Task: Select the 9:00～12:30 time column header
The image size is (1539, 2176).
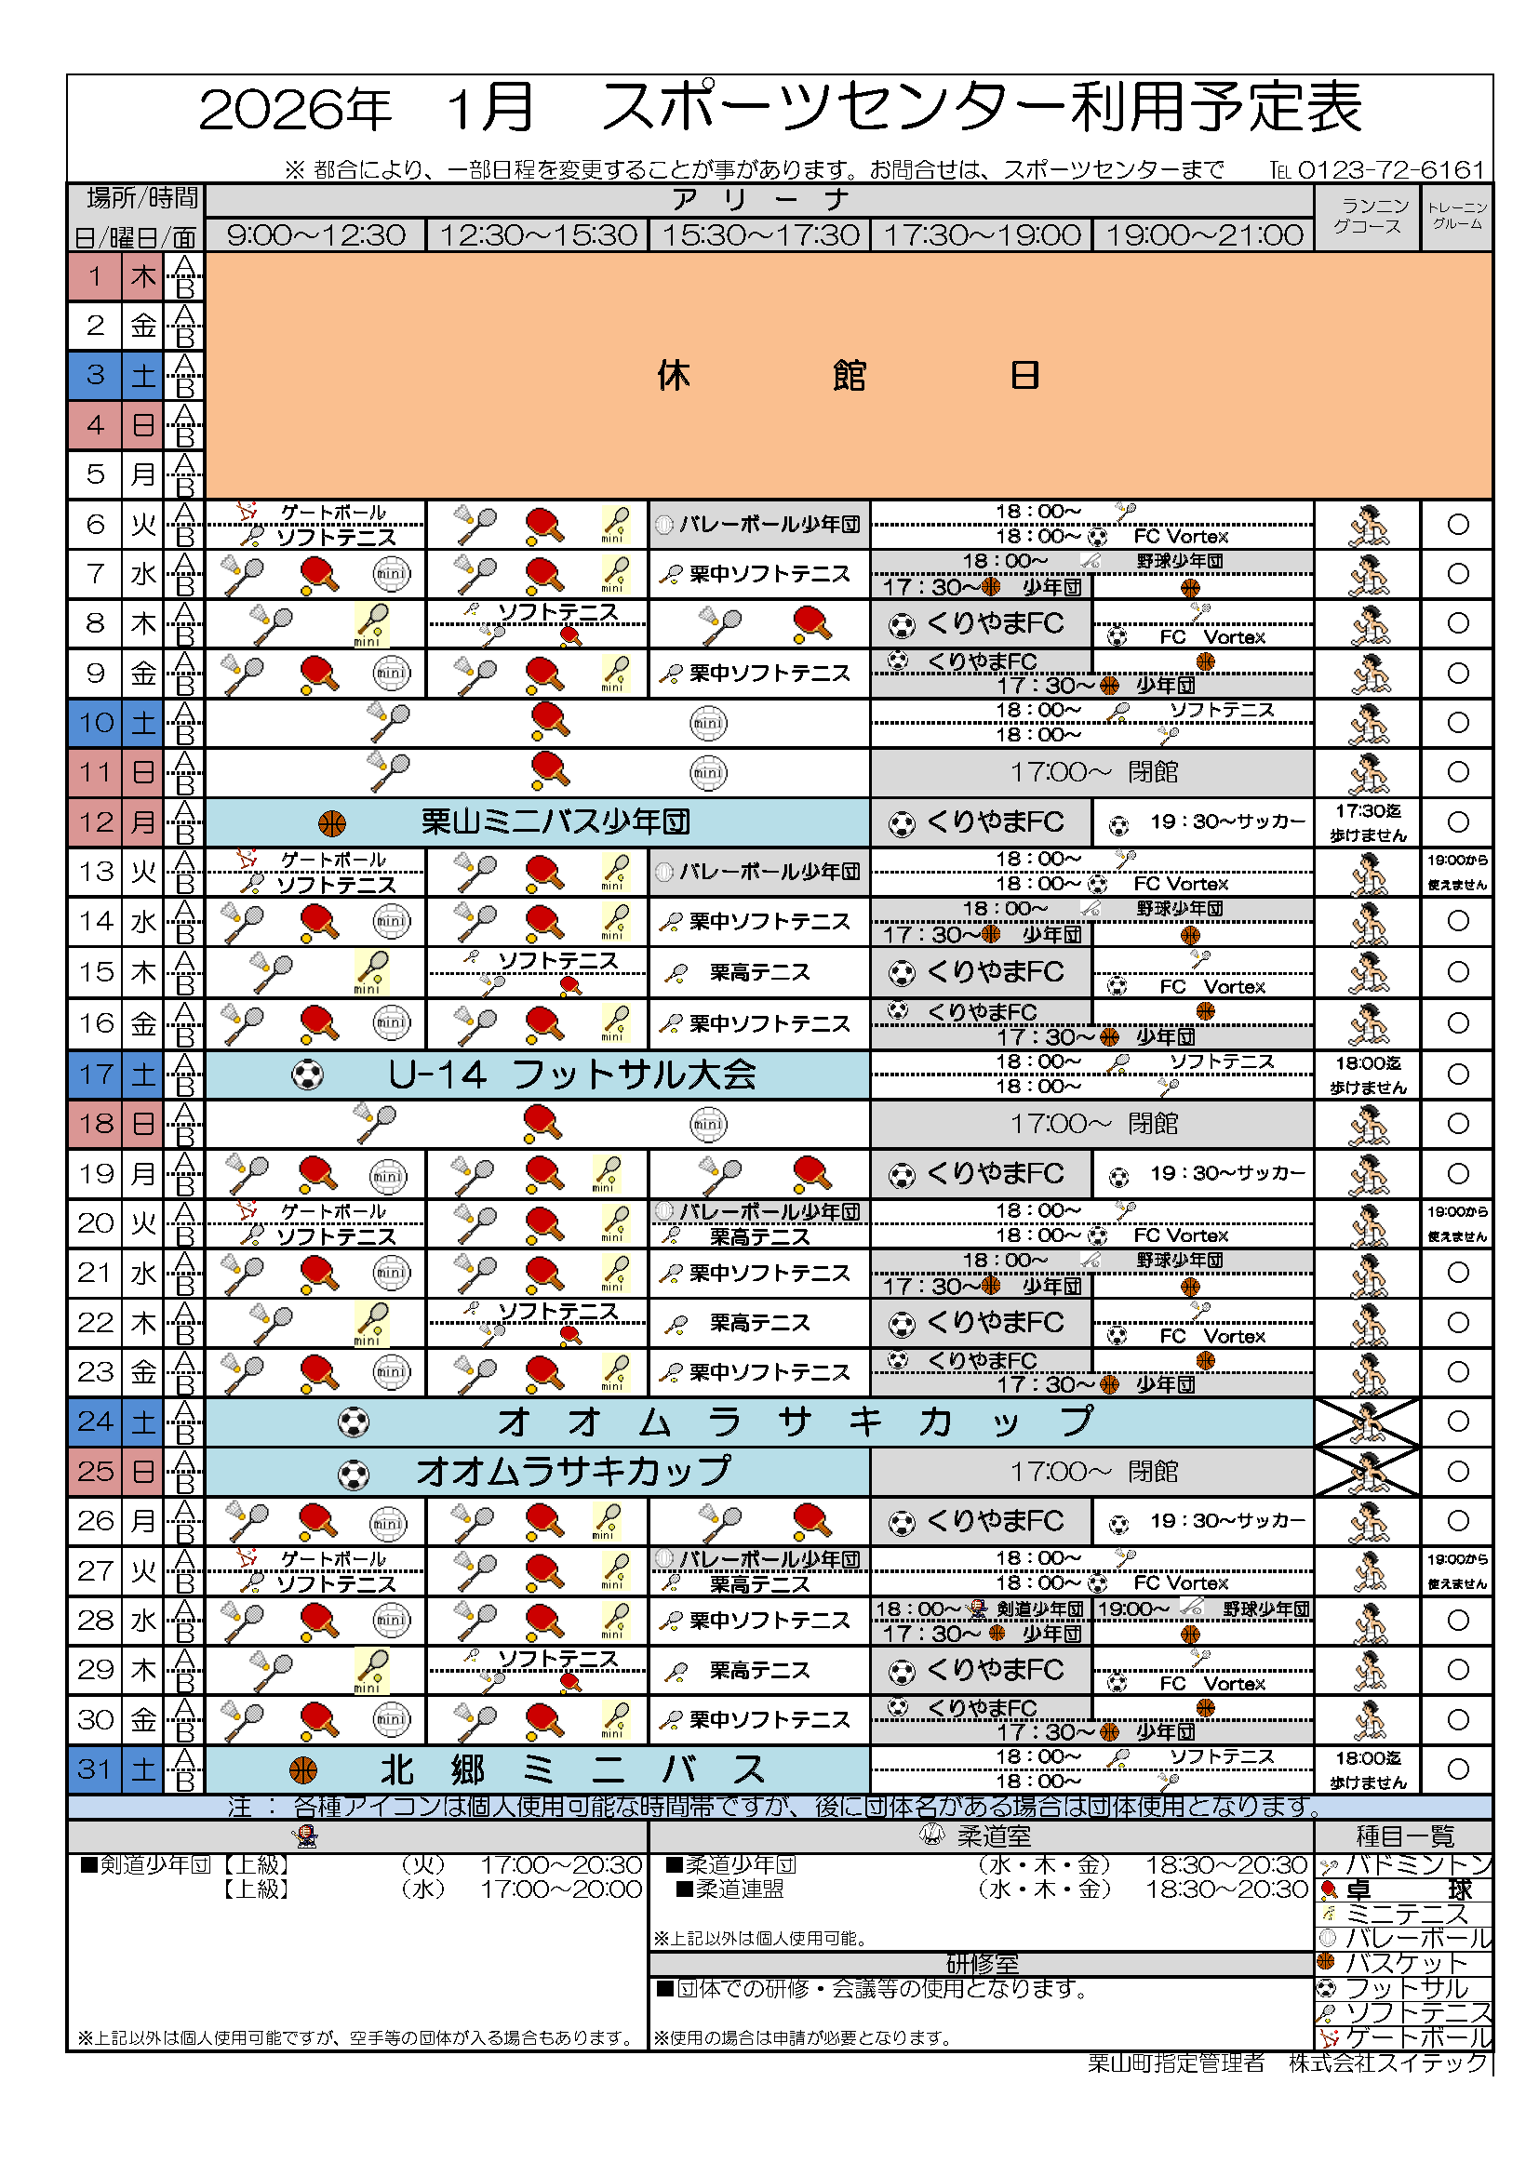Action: click(x=315, y=235)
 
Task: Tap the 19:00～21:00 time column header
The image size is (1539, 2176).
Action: click(x=1203, y=235)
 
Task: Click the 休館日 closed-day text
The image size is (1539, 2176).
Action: click(x=849, y=376)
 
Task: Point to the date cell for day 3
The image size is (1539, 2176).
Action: click(x=95, y=375)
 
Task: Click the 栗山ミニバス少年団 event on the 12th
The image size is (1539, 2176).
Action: click(x=555, y=822)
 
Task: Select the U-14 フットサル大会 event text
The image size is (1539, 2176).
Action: click(x=571, y=1075)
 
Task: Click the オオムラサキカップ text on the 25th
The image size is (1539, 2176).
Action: click(x=573, y=1472)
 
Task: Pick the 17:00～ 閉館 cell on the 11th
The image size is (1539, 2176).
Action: click(x=1092, y=772)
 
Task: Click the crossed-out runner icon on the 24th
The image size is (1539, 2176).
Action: click(x=1368, y=1422)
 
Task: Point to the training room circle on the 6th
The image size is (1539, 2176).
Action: click(x=1457, y=524)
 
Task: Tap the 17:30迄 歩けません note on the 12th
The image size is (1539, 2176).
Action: click(x=1368, y=822)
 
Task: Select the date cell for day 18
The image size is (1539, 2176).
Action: click(x=95, y=1124)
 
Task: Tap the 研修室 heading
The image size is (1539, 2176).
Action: click(x=982, y=1964)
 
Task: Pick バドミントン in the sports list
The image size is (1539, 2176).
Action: click(x=1417, y=1865)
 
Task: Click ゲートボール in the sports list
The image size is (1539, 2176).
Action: click(x=1417, y=2037)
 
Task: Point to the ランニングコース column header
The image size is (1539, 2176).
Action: click(x=1368, y=217)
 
